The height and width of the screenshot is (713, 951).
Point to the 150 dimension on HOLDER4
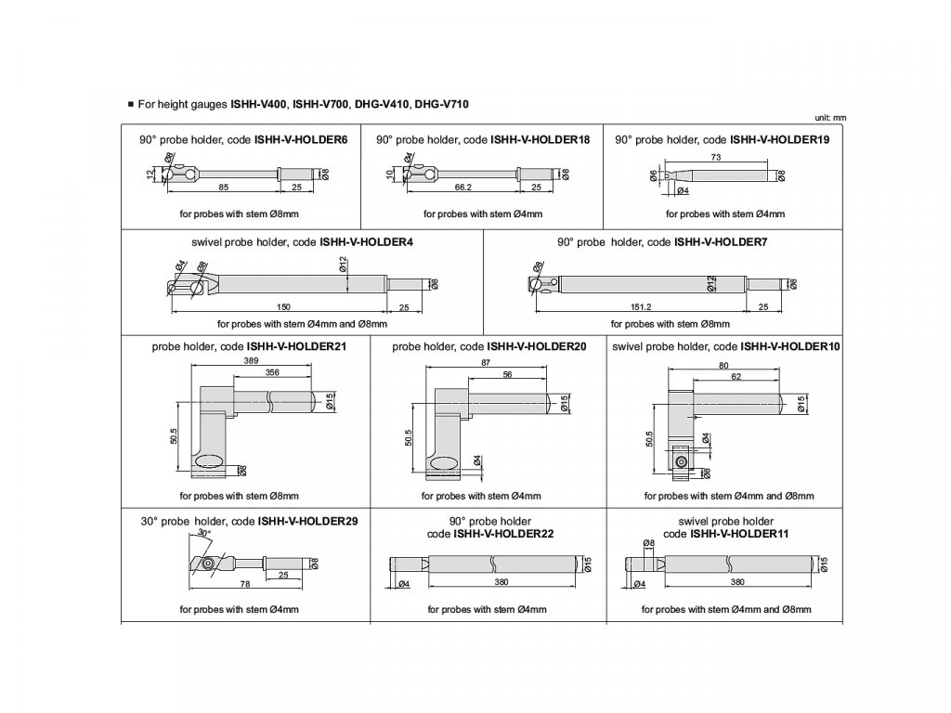(x=284, y=306)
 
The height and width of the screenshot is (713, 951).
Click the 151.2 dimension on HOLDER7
(x=642, y=306)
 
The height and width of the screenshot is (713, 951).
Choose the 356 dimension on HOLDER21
(x=272, y=372)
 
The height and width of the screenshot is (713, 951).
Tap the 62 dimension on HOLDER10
(x=735, y=377)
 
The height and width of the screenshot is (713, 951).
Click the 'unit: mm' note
(x=831, y=118)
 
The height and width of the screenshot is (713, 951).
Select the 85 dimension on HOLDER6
(x=224, y=187)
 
